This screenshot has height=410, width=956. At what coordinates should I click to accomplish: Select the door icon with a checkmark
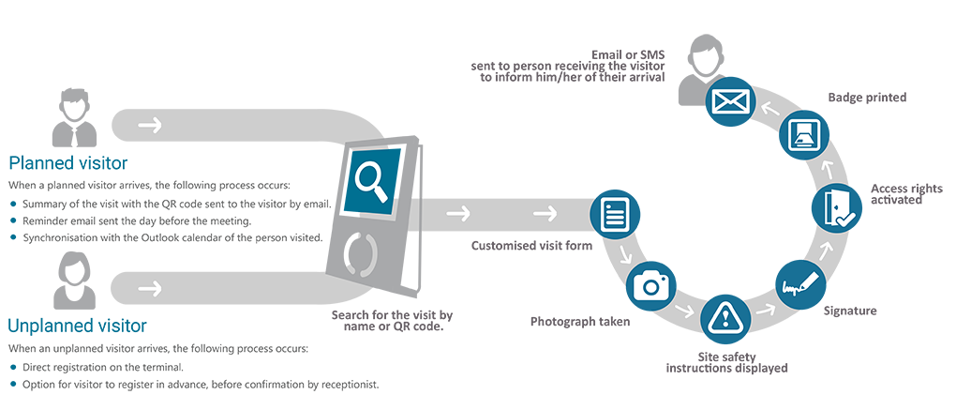(836, 207)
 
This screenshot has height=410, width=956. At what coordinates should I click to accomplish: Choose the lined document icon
(614, 215)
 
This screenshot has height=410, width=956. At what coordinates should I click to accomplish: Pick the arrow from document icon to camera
(624, 255)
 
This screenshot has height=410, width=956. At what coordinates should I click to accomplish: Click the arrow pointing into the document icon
(543, 214)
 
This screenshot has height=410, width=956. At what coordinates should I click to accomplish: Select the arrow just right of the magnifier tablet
(458, 214)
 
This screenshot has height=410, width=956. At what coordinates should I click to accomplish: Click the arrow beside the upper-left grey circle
(148, 125)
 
